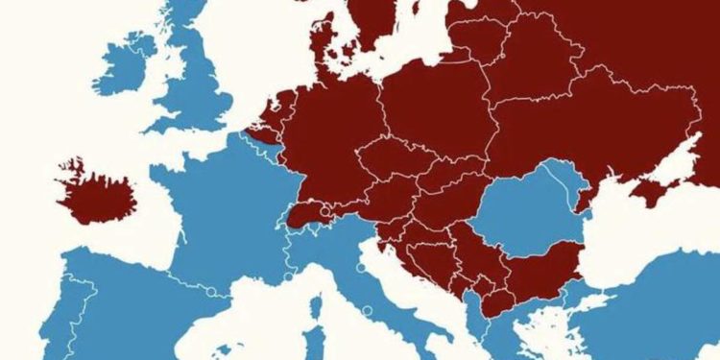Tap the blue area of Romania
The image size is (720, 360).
pos(523,216)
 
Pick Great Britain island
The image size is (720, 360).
pos(202,86)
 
